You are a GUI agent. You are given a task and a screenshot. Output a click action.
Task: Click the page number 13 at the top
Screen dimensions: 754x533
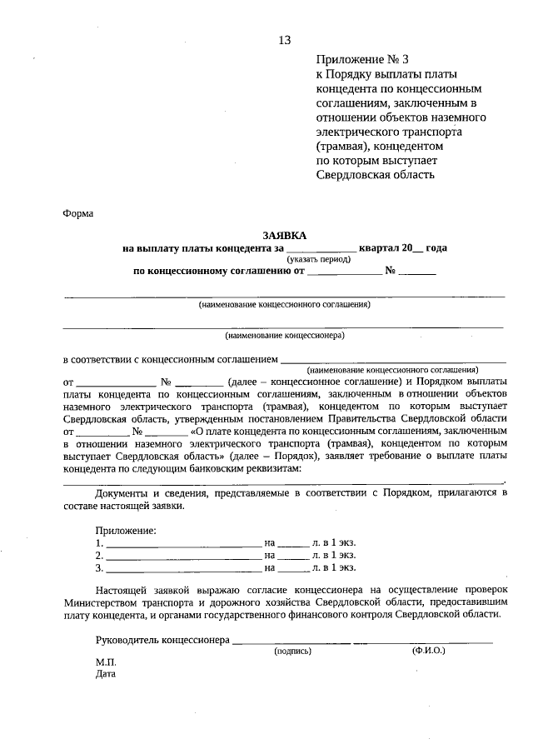click(285, 39)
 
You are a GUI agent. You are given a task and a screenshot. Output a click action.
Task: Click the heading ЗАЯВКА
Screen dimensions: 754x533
click(285, 235)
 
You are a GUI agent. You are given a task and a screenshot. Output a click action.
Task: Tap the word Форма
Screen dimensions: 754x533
click(78, 212)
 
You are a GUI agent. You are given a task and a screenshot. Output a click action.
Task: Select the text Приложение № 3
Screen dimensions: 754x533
click(363, 59)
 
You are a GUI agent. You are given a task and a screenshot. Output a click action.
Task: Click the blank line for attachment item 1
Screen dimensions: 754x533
click(184, 543)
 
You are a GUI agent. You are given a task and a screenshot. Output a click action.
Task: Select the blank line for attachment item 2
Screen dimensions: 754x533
click(184, 556)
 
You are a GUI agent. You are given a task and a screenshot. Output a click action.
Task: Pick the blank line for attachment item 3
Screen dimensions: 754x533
click(184, 569)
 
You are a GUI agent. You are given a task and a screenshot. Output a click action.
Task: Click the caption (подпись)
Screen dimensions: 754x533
click(292, 651)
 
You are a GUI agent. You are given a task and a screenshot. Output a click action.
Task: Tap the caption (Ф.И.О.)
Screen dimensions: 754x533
click(428, 651)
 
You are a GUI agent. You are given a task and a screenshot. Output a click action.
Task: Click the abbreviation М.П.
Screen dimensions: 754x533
click(106, 662)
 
